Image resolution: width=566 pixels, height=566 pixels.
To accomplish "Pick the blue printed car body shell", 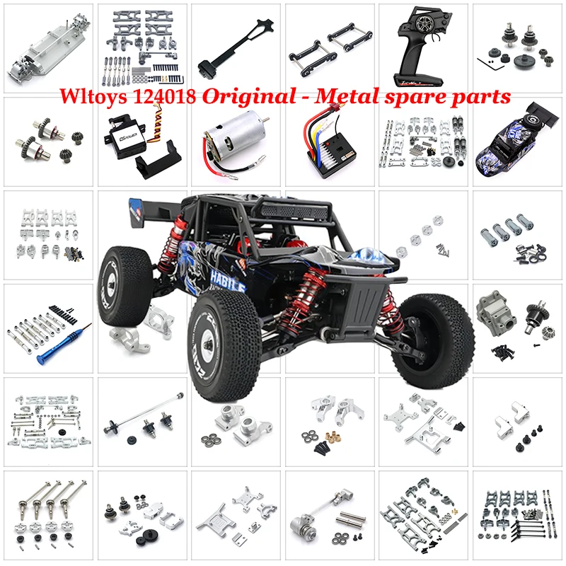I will (515, 142).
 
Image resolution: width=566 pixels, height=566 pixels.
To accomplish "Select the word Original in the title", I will (238, 96).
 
